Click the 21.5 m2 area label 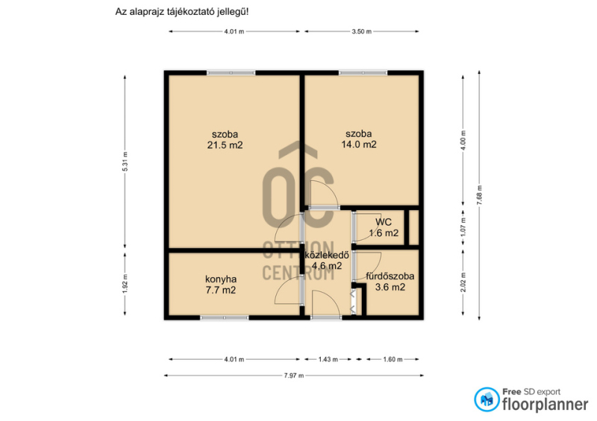click(225, 145)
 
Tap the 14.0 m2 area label click(359, 144)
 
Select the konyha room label click(221, 279)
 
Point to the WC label click(384, 222)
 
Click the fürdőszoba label click(390, 276)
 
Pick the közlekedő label click(327, 255)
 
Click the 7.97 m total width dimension click(294, 376)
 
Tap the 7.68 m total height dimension click(479, 195)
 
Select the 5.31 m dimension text click(125, 161)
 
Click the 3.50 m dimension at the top click(361, 31)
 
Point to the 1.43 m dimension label click(328, 359)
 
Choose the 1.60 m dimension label click(393, 359)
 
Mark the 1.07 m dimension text click(463, 227)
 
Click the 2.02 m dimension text click(463, 282)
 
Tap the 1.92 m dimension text click(125, 284)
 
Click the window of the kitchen click(225, 317)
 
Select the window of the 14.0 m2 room click(363, 72)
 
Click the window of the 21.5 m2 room click(231, 72)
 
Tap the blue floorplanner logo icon click(487, 399)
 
